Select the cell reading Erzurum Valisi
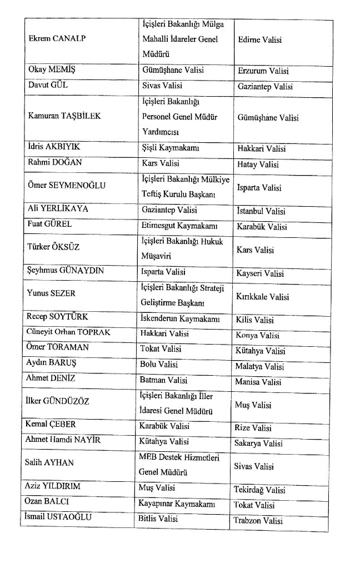click(263, 71)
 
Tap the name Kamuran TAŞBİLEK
click(66, 117)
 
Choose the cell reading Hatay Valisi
click(258, 165)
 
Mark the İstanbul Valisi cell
click(261, 211)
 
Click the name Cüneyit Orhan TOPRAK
click(68, 332)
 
